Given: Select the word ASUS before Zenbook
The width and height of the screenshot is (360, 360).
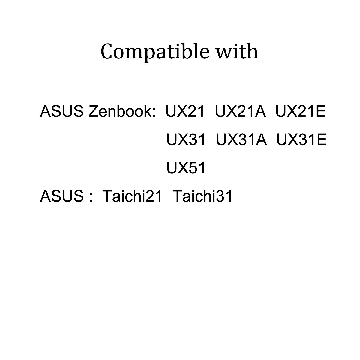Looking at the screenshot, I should [61, 112].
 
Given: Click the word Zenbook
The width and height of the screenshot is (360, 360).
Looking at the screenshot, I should [121, 112].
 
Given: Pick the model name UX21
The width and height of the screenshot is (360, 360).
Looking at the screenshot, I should [185, 112].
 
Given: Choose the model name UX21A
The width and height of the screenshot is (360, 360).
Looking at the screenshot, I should [240, 112].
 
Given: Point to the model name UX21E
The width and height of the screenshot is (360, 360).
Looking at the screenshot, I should [301, 112].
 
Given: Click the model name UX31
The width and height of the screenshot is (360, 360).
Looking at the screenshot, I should [186, 139].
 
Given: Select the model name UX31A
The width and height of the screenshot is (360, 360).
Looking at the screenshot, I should [241, 139].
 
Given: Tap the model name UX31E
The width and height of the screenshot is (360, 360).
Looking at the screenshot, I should [301, 139].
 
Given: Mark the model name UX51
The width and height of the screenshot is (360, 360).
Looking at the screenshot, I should [186, 168].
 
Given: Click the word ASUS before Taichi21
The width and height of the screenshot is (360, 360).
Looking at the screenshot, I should [61, 196].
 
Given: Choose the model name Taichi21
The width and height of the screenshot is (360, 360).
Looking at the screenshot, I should [132, 196].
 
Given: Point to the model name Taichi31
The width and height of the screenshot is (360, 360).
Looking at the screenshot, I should [203, 196].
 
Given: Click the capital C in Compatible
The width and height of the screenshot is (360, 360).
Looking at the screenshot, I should [107, 52].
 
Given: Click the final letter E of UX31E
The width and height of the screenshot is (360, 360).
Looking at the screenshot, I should [321, 139].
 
